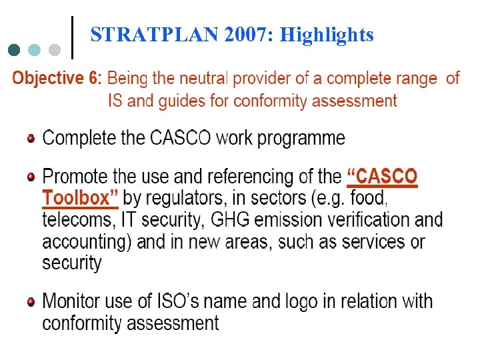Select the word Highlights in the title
(327, 35)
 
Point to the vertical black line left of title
(71, 37)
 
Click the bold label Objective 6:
(57, 79)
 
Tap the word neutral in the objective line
(200, 79)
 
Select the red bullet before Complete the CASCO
(31, 139)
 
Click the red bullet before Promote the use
(31, 177)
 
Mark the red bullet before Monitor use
(31, 302)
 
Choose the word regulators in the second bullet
(183, 198)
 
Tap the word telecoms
(79, 219)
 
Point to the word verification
(363, 219)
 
